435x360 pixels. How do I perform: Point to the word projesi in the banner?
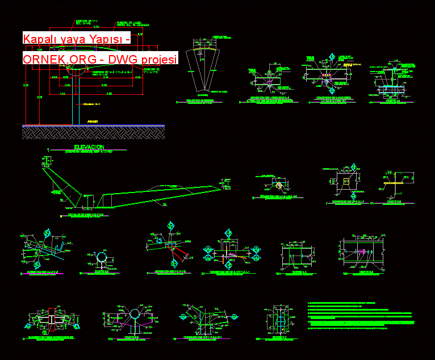[159, 59]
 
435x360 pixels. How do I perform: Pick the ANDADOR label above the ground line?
[93, 121]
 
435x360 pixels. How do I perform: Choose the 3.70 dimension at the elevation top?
[96, 27]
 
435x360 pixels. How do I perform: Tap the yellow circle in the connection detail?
[278, 185]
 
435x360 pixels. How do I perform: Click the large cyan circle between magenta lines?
[135, 315]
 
